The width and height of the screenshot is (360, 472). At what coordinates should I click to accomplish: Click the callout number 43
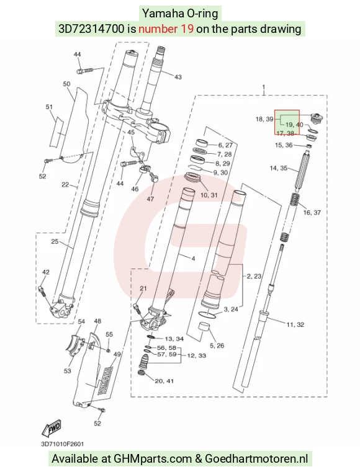(178, 77)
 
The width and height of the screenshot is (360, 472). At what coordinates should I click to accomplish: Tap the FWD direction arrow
(52, 428)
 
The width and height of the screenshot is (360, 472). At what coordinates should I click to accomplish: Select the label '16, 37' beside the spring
(312, 213)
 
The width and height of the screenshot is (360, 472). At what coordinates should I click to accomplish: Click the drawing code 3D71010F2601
(62, 444)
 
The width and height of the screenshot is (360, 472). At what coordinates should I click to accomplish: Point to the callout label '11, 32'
(295, 324)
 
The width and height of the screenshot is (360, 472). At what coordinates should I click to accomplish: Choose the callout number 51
(49, 107)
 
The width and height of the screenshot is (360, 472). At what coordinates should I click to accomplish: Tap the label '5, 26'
(217, 345)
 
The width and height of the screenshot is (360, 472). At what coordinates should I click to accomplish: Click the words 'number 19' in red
(166, 29)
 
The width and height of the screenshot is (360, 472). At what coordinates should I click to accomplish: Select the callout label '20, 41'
(164, 381)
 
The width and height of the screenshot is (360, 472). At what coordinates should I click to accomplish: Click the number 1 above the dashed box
(264, 87)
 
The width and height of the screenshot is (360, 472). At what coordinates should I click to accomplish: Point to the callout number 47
(150, 199)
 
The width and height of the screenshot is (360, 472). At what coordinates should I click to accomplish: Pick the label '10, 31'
(209, 195)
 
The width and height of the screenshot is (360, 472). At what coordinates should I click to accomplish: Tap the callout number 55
(109, 334)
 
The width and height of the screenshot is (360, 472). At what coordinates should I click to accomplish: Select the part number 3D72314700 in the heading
(91, 29)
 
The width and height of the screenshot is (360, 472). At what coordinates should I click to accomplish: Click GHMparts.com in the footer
(153, 459)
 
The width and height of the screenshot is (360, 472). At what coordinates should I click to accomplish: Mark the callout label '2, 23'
(254, 276)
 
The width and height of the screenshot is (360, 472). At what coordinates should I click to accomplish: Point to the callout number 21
(143, 288)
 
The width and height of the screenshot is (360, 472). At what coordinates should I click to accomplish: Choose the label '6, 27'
(225, 145)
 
